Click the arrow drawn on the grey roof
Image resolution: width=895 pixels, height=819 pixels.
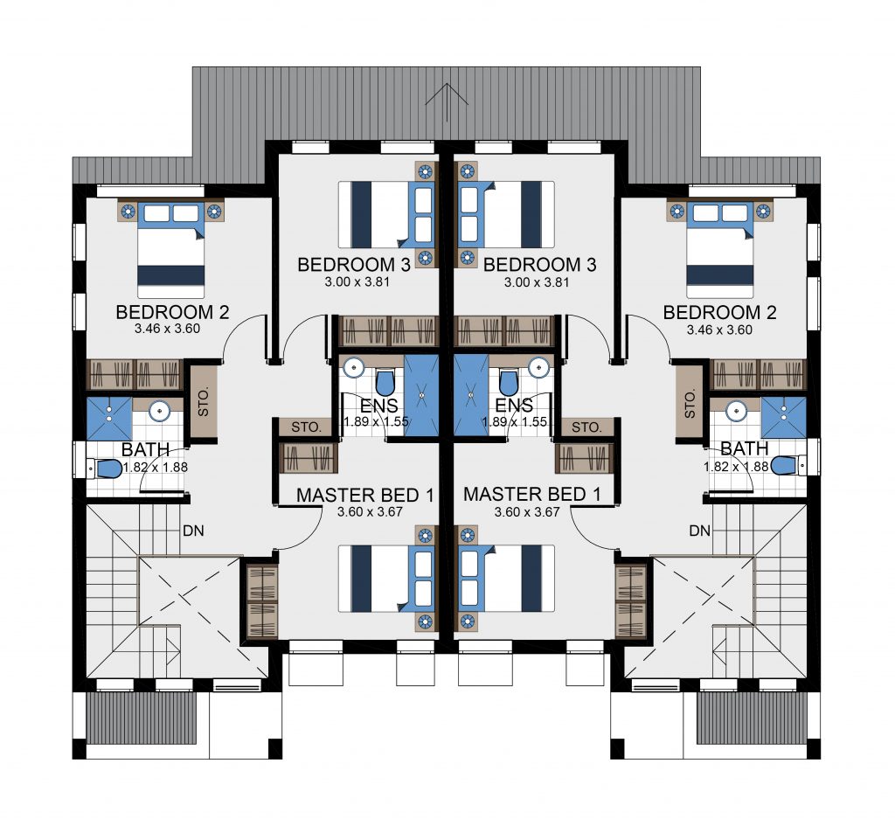447,102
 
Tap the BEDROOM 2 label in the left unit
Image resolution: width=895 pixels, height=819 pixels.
172,312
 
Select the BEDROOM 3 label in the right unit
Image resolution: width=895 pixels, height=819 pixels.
539,265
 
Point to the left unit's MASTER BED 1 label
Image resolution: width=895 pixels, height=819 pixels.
365,496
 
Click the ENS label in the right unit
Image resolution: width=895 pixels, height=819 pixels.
514,406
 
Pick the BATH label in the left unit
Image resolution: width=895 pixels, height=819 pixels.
146,450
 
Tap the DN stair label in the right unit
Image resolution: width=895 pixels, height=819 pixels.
700,531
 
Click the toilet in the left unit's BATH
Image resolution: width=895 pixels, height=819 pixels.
105,469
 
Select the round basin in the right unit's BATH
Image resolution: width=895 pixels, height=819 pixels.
737,410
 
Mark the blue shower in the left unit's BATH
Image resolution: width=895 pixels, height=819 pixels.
109,419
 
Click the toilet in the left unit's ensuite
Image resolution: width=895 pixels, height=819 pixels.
385,382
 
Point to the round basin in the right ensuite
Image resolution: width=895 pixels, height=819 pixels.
538,368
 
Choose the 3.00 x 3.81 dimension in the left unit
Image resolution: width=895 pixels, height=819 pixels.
357,281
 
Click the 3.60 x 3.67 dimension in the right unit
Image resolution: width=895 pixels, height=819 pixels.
527,512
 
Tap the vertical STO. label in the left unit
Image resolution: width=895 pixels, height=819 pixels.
203,401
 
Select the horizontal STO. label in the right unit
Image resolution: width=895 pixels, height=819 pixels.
586,427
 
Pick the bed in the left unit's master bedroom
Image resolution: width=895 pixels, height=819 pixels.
387,579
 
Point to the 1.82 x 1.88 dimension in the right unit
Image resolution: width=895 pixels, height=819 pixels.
736,467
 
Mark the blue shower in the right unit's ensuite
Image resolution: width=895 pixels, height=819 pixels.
471,395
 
